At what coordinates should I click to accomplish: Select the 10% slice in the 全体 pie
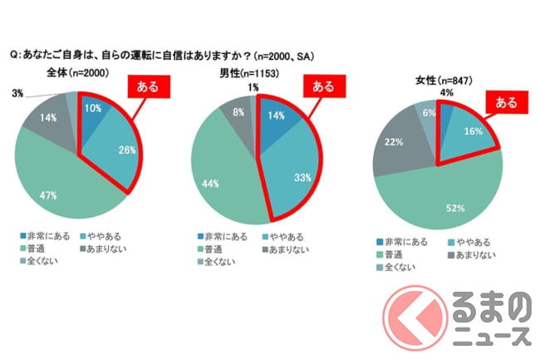pos(94,112)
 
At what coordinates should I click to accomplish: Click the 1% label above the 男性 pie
pos(253,86)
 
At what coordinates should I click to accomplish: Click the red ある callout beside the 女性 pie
pos(506,103)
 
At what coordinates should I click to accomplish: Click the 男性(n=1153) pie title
pos(248,75)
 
